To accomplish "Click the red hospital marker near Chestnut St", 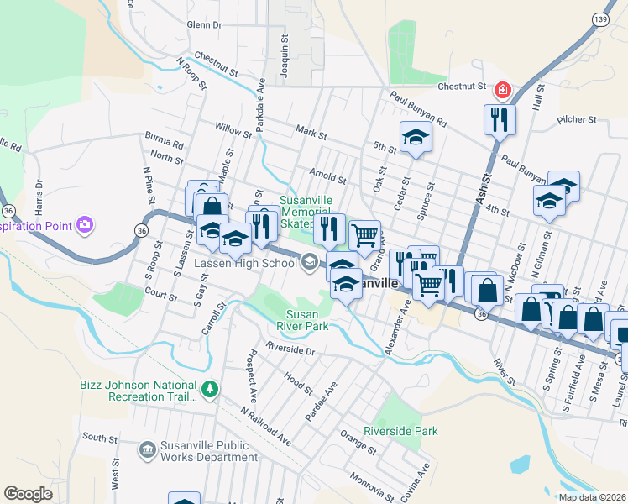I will [x=503, y=89].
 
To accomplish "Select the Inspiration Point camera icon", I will [x=84, y=224].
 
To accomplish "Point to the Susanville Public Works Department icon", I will [x=148, y=451].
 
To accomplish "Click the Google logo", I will [x=28, y=494].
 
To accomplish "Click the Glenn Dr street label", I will [x=204, y=26].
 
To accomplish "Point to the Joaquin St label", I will [x=285, y=51].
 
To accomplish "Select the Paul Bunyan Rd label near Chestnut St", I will [x=418, y=112].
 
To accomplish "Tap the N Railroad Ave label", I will [x=264, y=427].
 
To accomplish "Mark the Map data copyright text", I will [x=592, y=496].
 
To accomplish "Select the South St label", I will [x=100, y=438].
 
